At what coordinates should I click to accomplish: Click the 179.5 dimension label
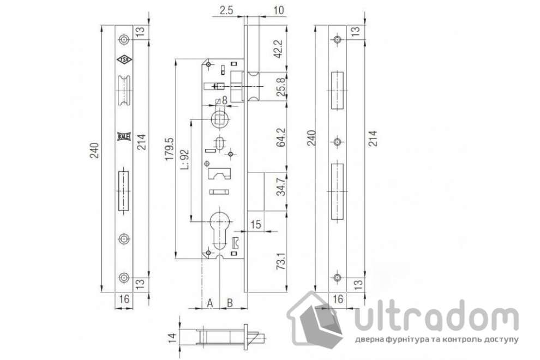tap(169, 149)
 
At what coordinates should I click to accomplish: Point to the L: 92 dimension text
tap(184, 159)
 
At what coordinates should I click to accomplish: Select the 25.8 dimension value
tap(280, 87)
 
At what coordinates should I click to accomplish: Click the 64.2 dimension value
tap(281, 137)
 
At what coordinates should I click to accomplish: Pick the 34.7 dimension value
tap(281, 187)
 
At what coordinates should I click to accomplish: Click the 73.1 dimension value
tap(281, 261)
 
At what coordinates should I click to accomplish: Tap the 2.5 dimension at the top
tap(226, 10)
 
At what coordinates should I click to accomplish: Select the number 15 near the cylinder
tap(255, 225)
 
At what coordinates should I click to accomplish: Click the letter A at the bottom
tap(210, 303)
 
